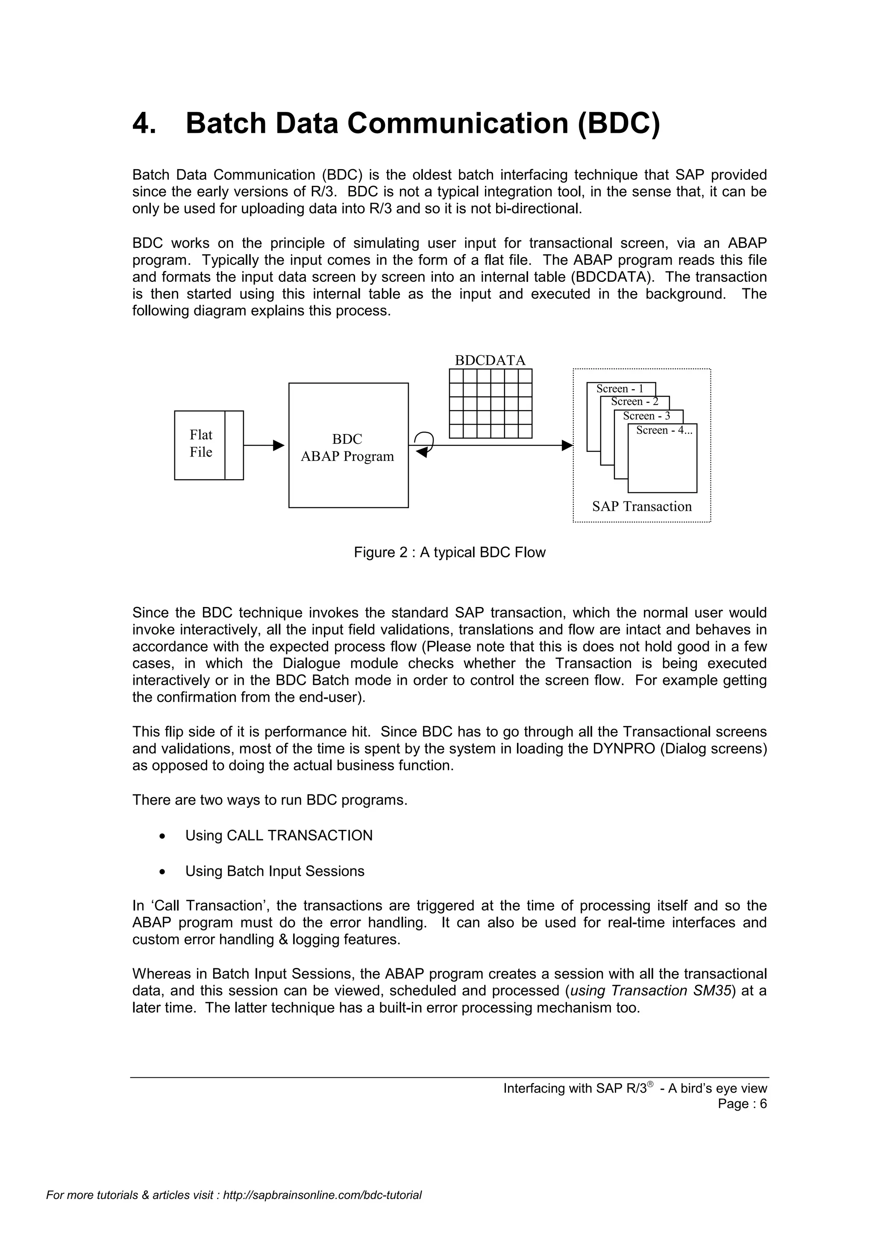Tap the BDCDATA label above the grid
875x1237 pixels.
tap(490, 361)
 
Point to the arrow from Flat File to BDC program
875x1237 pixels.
tap(264, 445)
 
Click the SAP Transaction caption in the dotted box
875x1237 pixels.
tap(642, 507)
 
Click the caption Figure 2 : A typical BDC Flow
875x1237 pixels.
tap(449, 552)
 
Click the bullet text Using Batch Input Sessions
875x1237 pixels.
tap(275, 871)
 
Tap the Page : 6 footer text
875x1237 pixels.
tap(742, 1104)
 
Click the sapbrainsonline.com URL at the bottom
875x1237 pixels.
tap(322, 1210)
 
